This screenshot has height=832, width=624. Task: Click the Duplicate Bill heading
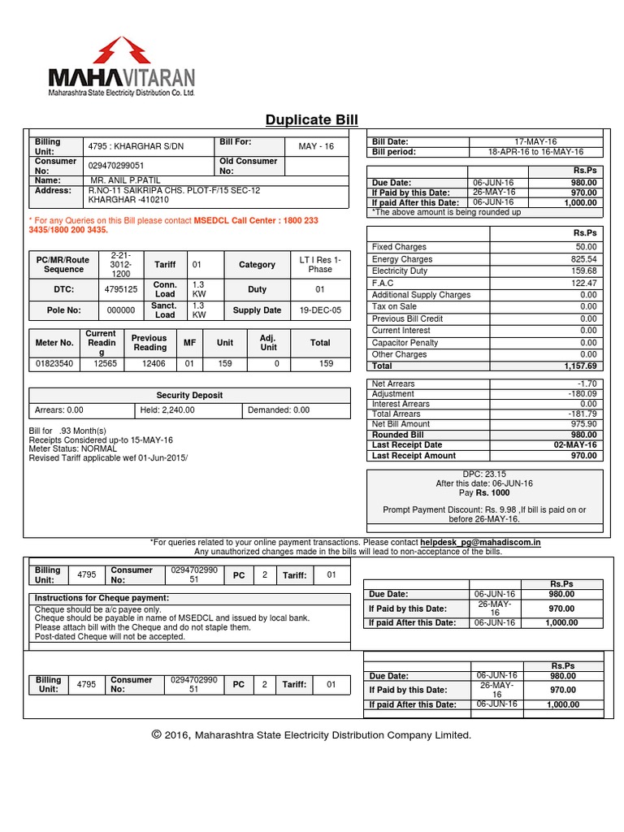tap(311, 120)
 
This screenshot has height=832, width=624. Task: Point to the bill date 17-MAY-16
tap(535, 141)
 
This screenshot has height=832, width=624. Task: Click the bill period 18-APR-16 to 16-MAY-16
tap(535, 152)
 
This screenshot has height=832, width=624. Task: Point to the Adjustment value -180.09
tap(582, 394)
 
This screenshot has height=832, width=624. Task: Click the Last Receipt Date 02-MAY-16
tap(576, 445)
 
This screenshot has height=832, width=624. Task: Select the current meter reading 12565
tap(102, 364)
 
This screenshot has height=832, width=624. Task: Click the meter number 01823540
tap(54, 364)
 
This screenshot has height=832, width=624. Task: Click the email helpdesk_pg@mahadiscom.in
tap(480, 542)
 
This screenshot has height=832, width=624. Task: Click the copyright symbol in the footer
tap(157, 734)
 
